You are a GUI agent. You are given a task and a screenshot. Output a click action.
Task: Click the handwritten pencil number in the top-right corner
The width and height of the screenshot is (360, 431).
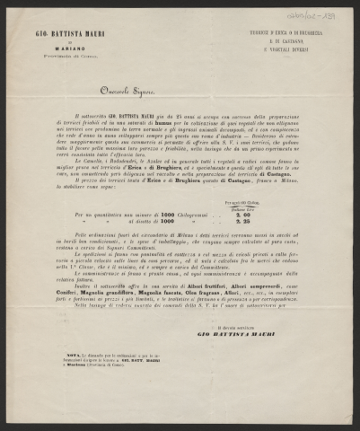[326, 13]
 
